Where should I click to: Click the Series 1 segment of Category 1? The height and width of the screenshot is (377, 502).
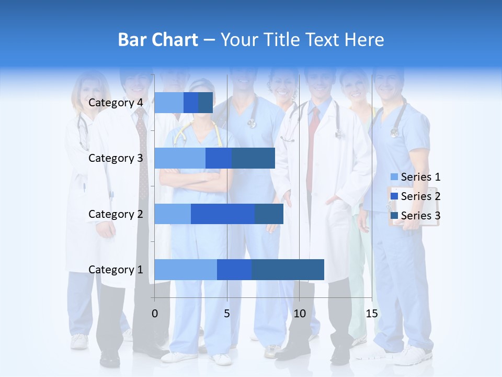[x=186, y=269]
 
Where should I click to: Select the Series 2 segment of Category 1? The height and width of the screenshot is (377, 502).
[x=234, y=269]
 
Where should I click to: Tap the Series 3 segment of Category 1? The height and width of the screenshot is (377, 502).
[x=288, y=269]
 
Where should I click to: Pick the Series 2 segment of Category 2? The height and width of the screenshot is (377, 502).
[x=223, y=214]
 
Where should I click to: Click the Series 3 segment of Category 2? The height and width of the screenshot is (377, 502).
[x=269, y=214]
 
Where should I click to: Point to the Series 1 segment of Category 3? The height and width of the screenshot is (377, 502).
[x=180, y=158]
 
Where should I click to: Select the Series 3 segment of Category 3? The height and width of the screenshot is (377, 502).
[x=253, y=158]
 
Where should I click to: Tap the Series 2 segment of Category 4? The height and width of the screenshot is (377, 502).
[x=191, y=103]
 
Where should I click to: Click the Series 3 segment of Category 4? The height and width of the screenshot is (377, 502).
[x=206, y=103]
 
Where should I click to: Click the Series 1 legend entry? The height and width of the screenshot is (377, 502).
[x=416, y=177]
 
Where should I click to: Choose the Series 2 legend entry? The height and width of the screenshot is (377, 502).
[x=416, y=196]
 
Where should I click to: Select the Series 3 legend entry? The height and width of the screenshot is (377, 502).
[x=416, y=216]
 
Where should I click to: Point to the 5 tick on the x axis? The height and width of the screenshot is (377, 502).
[x=227, y=314]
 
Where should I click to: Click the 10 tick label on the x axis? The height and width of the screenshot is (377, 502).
[x=299, y=314]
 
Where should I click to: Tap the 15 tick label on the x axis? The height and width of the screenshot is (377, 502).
[x=372, y=314]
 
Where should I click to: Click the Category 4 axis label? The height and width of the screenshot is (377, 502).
[x=116, y=103]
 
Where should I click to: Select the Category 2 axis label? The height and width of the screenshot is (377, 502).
[x=116, y=214]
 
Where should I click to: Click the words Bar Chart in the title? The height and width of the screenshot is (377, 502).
[x=158, y=40]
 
